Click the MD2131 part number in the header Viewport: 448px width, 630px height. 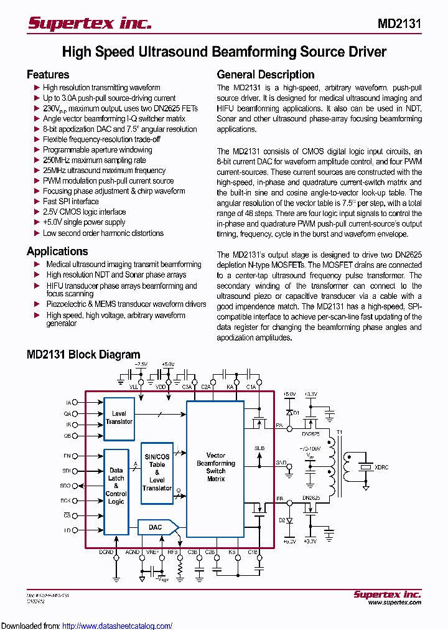(x=399, y=24)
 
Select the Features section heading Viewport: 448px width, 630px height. (x=48, y=75)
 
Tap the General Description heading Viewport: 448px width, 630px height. (x=265, y=75)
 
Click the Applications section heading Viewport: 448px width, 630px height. (x=57, y=252)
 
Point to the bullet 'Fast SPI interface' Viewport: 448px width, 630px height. (x=70, y=202)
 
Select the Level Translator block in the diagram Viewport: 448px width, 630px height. (x=119, y=418)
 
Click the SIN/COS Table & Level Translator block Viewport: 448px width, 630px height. (x=157, y=472)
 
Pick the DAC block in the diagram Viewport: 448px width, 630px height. (x=156, y=527)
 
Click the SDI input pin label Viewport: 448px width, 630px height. (x=67, y=471)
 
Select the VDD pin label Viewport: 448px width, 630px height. (x=161, y=387)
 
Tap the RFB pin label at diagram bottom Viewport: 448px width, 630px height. (x=173, y=552)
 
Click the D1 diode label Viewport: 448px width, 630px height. (x=297, y=412)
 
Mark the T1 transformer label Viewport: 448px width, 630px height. (x=339, y=432)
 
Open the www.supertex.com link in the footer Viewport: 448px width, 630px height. (x=394, y=603)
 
